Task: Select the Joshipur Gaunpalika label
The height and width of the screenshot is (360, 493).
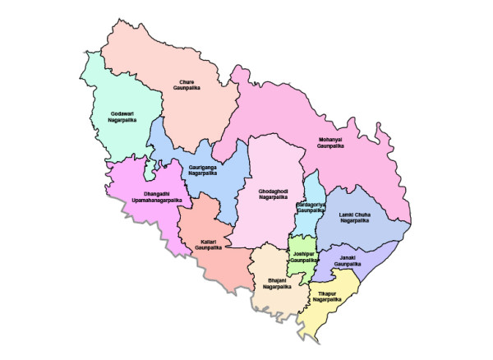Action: click(x=303, y=256)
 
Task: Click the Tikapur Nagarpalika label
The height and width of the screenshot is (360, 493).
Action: click(x=328, y=297)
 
